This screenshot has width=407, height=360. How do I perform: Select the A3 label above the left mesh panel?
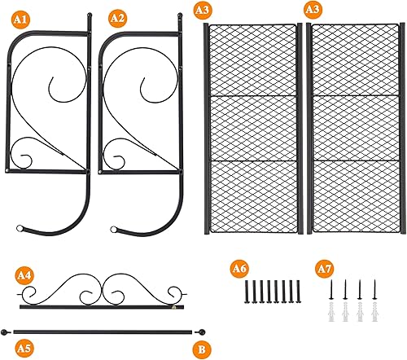202,10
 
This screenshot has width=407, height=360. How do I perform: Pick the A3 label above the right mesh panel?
311,10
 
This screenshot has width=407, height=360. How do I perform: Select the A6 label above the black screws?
239,267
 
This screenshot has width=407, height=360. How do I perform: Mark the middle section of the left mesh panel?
253,128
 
